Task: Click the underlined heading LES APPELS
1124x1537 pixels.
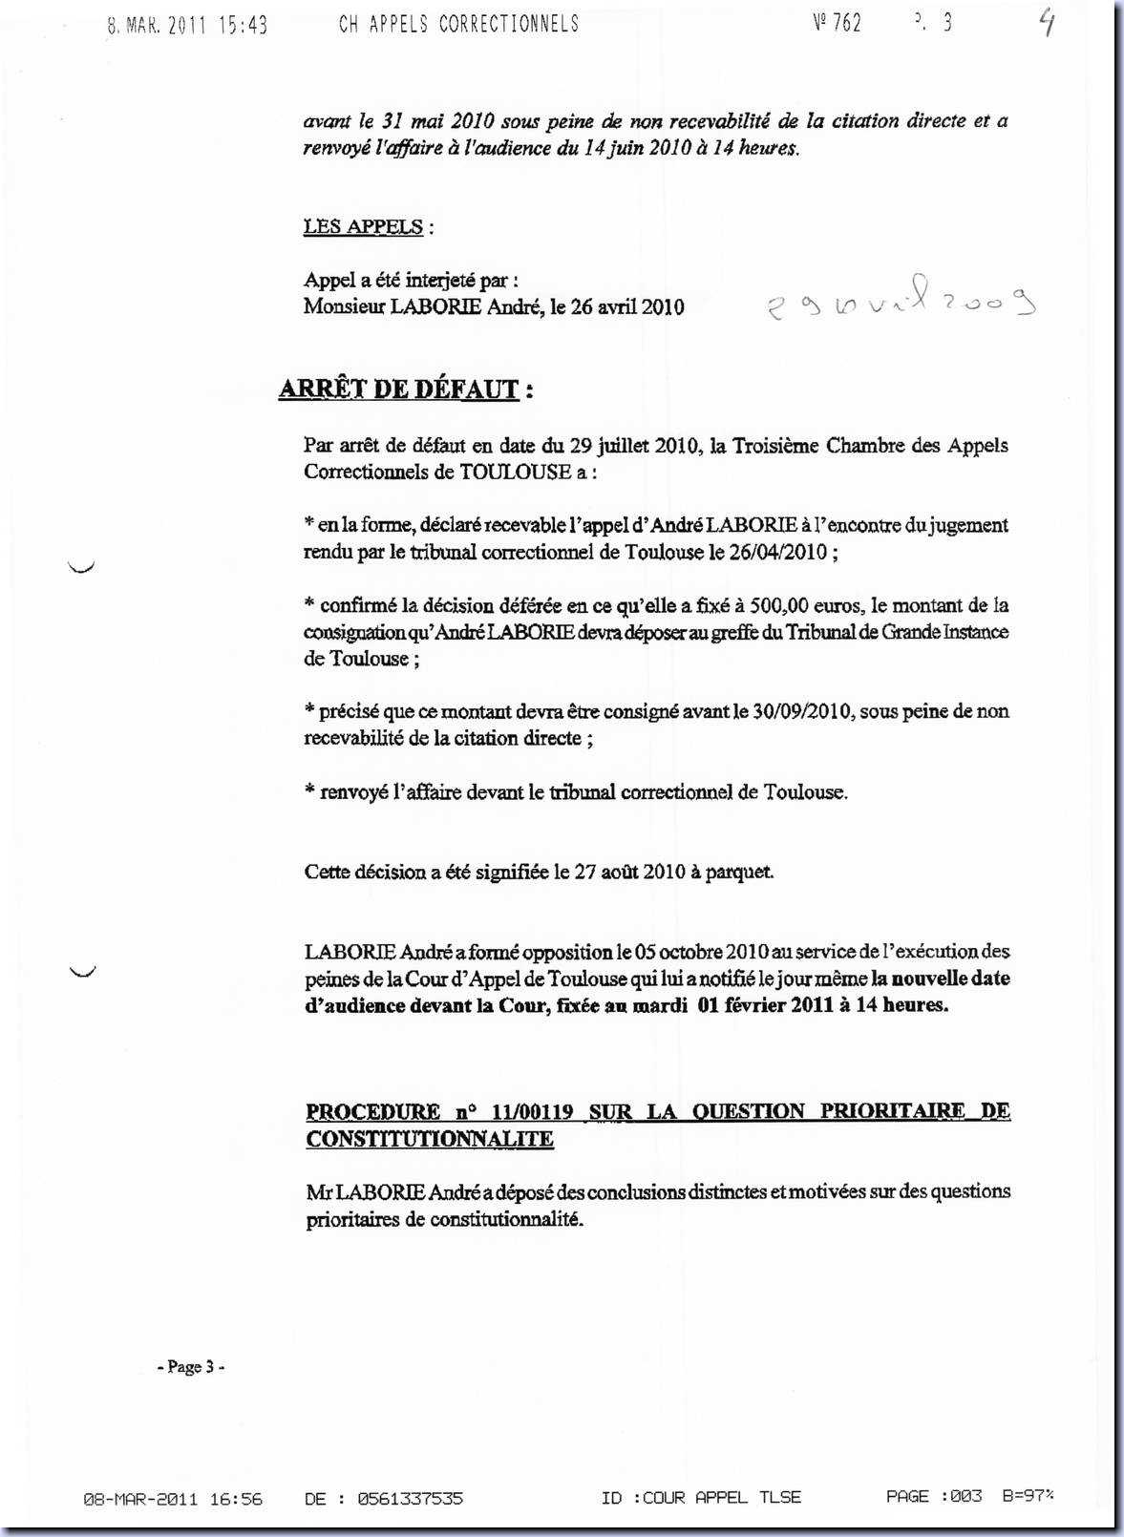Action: [x=363, y=227]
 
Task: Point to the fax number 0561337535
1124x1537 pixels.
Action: [x=410, y=1499]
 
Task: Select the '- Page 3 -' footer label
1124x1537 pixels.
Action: [x=191, y=1367]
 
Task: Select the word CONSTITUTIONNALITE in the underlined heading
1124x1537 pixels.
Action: [x=430, y=1139]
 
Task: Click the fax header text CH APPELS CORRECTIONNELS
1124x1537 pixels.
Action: [x=458, y=25]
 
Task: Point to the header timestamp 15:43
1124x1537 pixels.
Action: [x=244, y=27]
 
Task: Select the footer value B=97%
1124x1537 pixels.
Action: [x=1028, y=1496]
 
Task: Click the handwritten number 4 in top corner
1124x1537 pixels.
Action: [x=1048, y=23]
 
